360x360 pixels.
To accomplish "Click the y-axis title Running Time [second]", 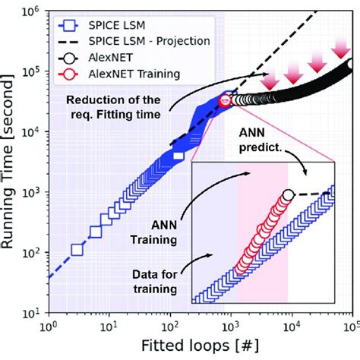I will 13,159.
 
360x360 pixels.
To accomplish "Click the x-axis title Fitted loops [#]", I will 200,348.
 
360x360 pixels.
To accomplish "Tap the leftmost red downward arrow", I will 268,81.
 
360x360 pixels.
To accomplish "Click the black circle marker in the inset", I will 288,196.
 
